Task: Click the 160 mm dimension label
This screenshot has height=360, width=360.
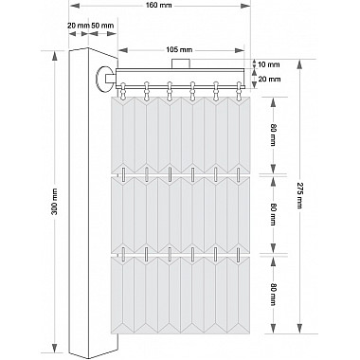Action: (159, 6)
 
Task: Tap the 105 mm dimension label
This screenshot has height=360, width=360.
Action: (179, 50)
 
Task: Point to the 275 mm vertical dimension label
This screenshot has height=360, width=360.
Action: (298, 194)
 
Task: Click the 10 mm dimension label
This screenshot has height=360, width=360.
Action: (269, 64)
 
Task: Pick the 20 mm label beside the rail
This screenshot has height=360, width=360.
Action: (269, 79)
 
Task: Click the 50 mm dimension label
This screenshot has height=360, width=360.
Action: (102, 26)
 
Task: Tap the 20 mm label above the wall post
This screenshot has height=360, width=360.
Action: (79, 26)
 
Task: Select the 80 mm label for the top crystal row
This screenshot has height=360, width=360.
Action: (274, 135)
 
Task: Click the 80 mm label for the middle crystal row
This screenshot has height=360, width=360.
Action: (274, 215)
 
